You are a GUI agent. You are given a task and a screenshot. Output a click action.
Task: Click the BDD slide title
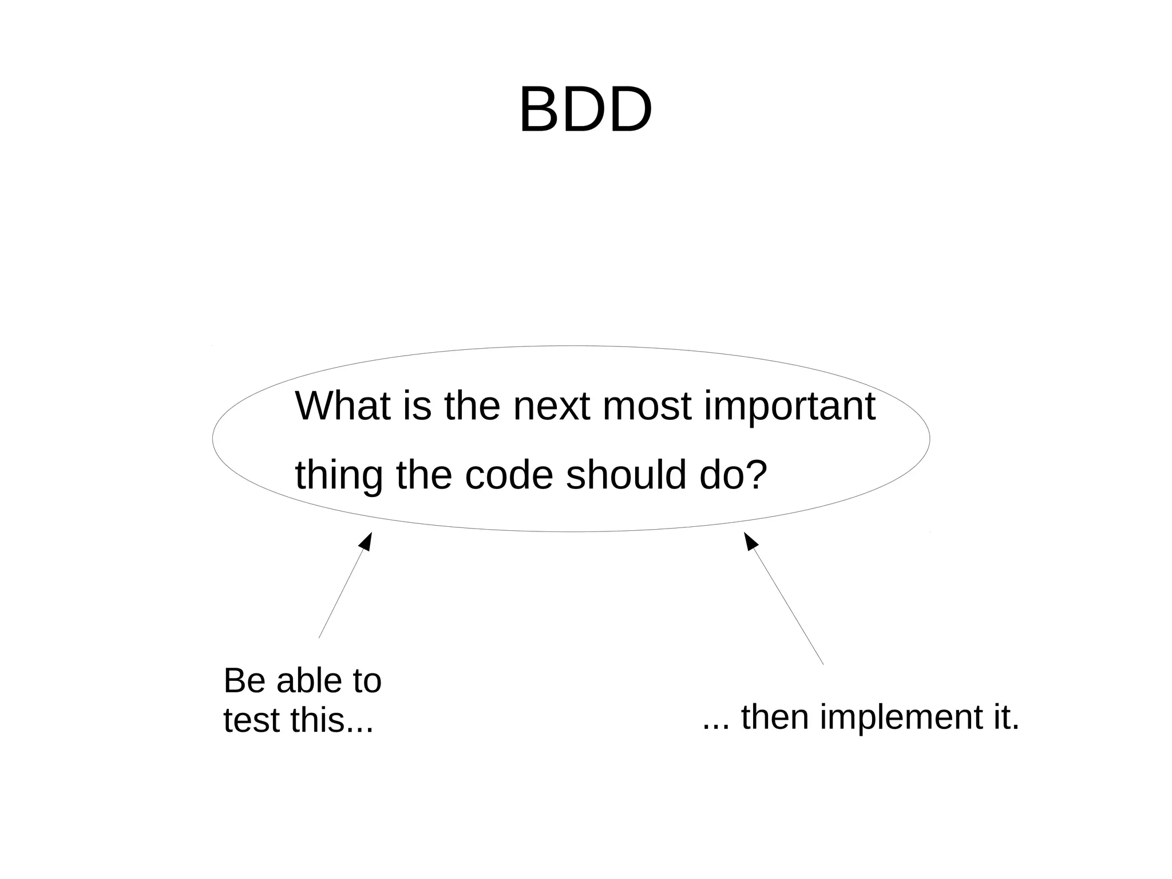pyautogui.click(x=585, y=110)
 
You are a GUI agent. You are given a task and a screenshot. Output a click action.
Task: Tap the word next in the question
pyautogui.click(x=552, y=405)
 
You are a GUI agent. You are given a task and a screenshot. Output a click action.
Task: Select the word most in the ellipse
pyautogui.click(x=647, y=405)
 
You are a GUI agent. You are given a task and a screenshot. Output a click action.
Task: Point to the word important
pyautogui.click(x=790, y=407)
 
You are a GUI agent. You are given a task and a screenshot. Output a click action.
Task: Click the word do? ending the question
pyautogui.click(x=733, y=475)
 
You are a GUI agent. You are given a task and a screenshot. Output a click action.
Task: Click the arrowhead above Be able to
pyautogui.click(x=367, y=541)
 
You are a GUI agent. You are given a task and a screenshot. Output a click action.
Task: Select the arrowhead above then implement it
pyautogui.click(x=750, y=541)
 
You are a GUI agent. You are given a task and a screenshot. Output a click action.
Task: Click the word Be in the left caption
pyautogui.click(x=243, y=681)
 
